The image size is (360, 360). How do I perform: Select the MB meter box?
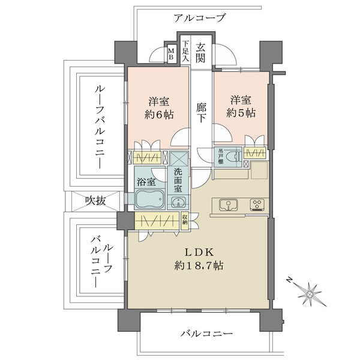(170, 54)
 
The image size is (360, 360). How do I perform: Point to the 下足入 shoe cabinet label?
(185, 52)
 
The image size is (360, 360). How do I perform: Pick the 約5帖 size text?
(241, 112)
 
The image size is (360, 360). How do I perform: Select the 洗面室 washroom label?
(178, 179)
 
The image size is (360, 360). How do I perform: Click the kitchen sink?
(228, 205)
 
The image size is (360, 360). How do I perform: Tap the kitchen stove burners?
(257, 205)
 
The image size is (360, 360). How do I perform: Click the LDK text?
(197, 251)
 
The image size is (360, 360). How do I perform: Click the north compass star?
(310, 293)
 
